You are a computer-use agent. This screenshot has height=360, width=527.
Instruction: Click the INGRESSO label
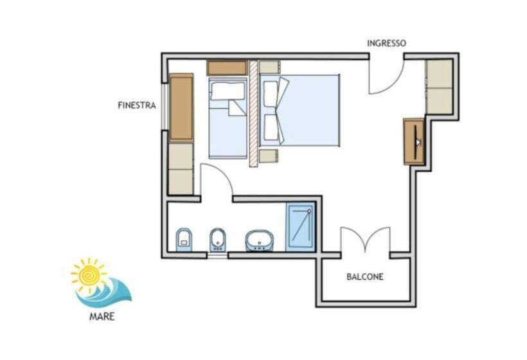tap(386, 43)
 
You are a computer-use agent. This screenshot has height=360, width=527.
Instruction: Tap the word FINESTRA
tap(137, 105)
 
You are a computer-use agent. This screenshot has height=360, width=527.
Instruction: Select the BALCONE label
tap(365, 277)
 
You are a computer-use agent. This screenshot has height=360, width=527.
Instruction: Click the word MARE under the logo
tap(102, 317)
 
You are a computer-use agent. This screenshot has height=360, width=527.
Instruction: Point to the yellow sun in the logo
tap(88, 275)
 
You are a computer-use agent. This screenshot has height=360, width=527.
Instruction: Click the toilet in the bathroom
tap(184, 240)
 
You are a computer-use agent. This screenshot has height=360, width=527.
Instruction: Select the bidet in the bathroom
tap(217, 240)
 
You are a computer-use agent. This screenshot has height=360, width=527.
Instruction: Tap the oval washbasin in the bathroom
tap(260, 240)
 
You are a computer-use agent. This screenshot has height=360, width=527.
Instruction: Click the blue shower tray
tap(301, 227)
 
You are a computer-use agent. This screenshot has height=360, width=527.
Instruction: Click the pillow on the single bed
tap(228, 91)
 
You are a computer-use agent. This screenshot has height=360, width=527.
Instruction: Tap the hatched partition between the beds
tap(253, 114)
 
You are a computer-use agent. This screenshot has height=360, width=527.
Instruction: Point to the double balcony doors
tap(366, 239)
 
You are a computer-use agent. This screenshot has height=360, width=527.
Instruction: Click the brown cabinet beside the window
tap(181, 108)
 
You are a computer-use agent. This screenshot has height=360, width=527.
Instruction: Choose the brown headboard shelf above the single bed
tap(227, 68)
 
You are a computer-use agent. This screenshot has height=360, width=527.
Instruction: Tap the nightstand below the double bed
tap(269, 156)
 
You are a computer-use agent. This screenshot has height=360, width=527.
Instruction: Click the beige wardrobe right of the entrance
tap(440, 87)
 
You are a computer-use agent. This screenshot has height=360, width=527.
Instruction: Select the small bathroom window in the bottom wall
tap(217, 256)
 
